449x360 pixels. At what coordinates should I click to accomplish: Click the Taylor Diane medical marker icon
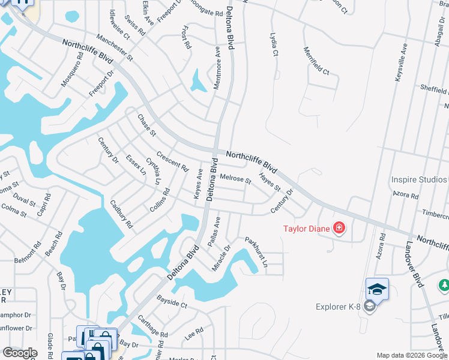tap(339, 227)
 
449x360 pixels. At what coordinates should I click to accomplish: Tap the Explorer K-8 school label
tap(340, 307)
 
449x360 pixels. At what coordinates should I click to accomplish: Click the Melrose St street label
tap(235, 178)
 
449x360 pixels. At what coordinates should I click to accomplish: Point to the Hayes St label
tap(270, 182)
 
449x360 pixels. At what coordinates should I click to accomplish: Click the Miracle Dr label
tap(221, 257)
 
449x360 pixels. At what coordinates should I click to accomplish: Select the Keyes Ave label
tap(198, 184)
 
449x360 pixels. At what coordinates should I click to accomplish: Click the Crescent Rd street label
tap(172, 160)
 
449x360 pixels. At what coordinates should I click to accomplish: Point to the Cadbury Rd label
tap(121, 215)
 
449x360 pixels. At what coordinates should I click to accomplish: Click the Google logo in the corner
tap(20, 353)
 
